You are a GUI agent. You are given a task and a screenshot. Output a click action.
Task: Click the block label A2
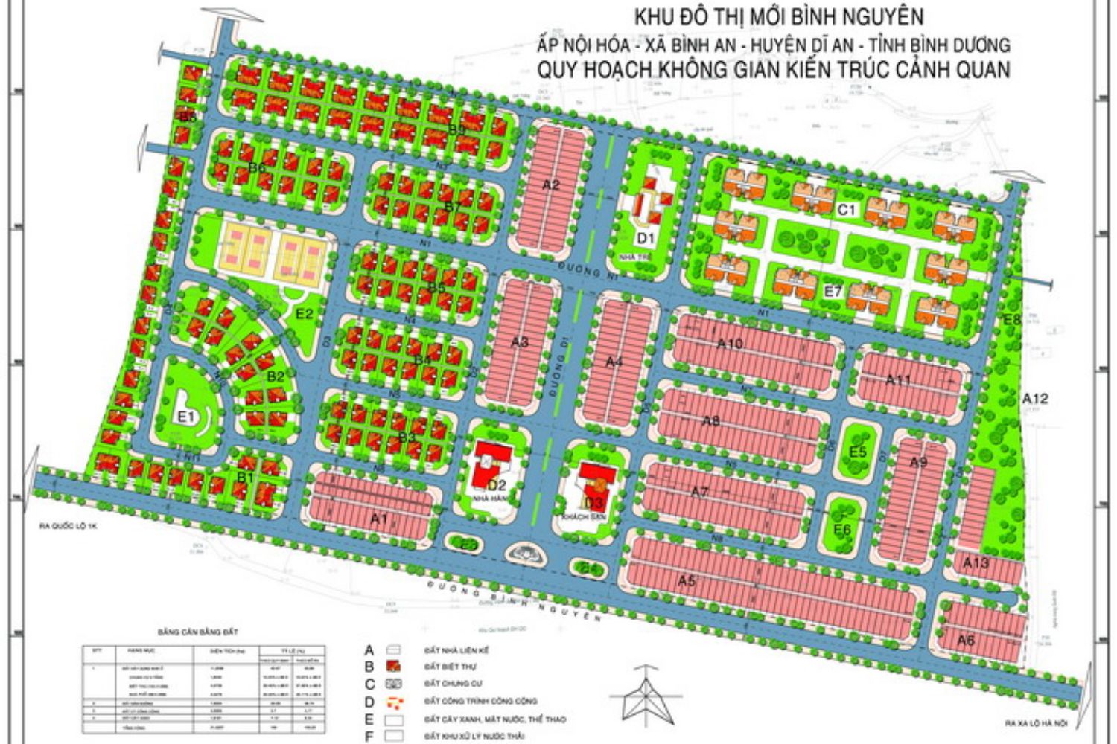[x=550, y=185]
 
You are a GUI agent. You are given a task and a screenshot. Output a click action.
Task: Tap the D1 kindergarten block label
[x=644, y=238]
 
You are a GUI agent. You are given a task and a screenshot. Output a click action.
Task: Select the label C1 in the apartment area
[x=847, y=210]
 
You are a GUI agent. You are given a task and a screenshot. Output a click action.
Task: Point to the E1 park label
[x=185, y=417]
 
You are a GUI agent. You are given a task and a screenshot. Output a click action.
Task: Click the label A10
[x=730, y=344]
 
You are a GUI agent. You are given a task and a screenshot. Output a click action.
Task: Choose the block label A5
[x=687, y=580]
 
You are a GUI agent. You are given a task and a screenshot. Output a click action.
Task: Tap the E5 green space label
[x=858, y=452]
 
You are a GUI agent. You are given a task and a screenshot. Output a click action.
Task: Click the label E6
[x=842, y=529]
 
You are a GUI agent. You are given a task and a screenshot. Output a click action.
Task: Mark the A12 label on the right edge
[x=1034, y=399]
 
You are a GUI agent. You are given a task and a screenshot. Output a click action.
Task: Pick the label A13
[x=976, y=563]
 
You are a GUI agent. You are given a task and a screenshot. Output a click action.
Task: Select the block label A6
[x=966, y=640]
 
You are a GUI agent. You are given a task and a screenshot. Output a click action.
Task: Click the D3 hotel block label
[x=593, y=502]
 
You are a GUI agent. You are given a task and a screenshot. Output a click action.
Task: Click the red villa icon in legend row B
[x=393, y=667]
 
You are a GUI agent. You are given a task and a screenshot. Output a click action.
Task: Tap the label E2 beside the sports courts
[x=304, y=314]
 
